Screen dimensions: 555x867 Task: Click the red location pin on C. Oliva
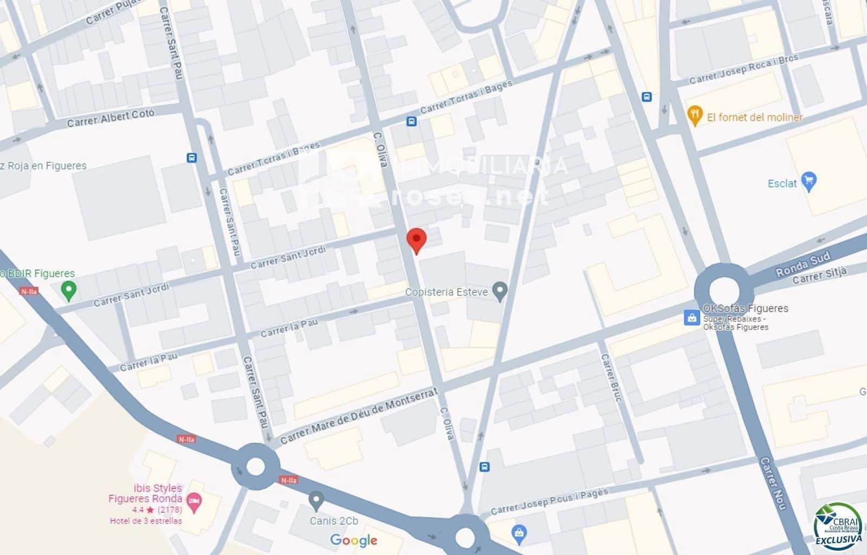(x=416, y=240)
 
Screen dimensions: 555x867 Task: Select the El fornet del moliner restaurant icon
(x=694, y=115)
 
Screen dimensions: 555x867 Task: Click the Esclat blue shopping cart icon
(x=808, y=182)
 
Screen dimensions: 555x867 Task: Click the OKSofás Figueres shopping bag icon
(x=691, y=318)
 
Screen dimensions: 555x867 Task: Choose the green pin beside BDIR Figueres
(x=68, y=290)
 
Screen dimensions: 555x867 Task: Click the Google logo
(x=353, y=540)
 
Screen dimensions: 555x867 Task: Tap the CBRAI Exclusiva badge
(x=838, y=526)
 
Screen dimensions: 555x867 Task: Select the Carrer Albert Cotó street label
(x=111, y=118)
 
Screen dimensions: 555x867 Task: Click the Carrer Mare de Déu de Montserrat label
(x=359, y=415)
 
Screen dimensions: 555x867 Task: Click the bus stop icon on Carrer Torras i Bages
(x=412, y=121)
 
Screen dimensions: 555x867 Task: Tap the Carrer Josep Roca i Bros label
(x=743, y=70)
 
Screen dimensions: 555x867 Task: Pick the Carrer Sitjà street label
(x=819, y=275)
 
